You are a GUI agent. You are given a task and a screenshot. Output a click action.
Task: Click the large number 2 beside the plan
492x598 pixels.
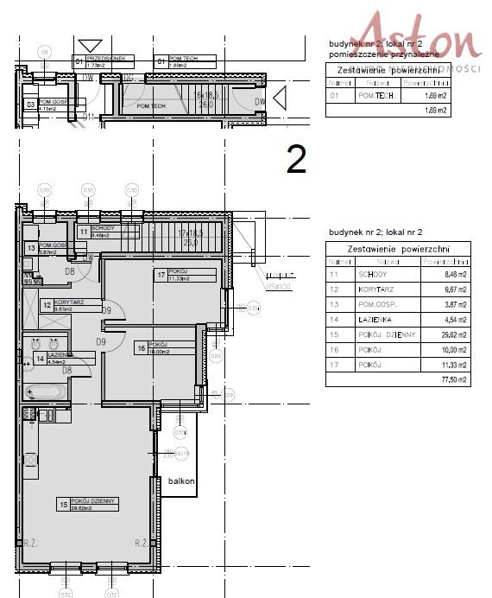296,159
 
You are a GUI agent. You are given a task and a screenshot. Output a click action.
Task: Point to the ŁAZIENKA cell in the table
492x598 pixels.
384,318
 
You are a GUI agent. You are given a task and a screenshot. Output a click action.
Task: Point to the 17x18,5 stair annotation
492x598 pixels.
193,237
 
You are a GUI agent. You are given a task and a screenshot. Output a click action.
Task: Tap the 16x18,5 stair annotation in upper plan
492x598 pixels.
208,99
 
